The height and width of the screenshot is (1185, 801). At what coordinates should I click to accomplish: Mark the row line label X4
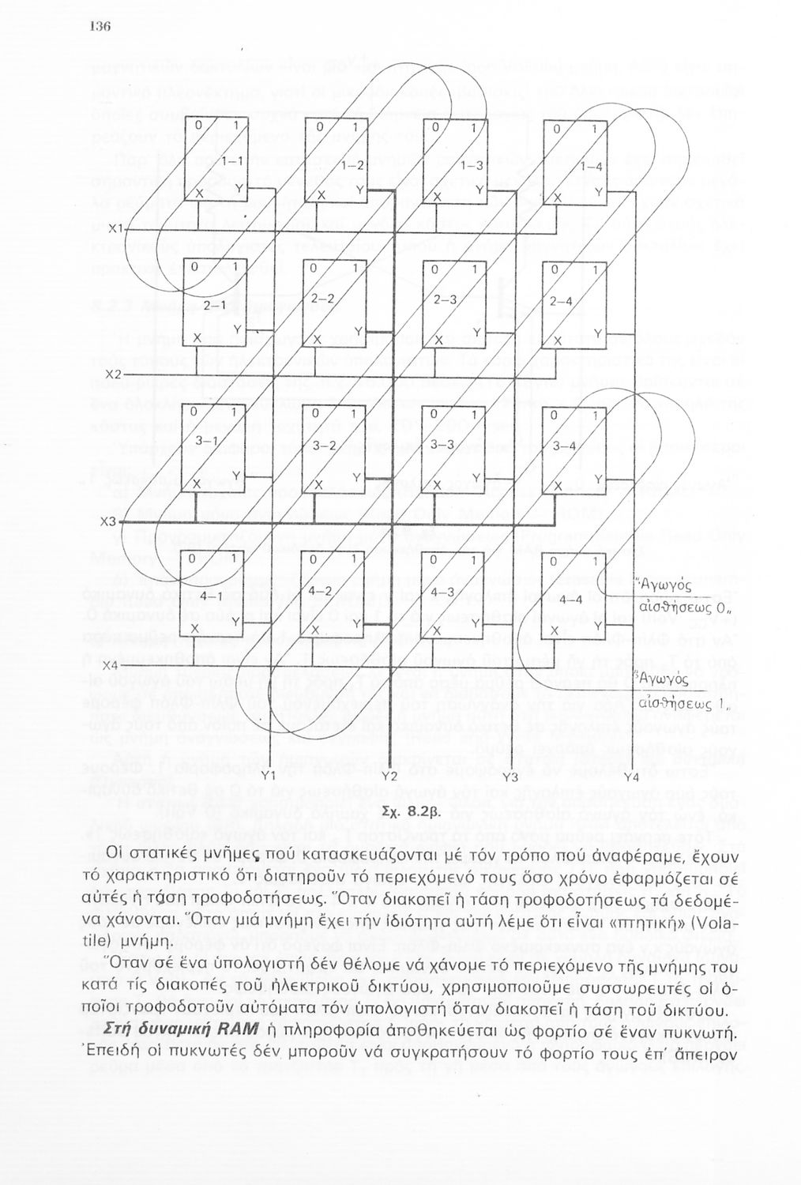pyautogui.click(x=115, y=665)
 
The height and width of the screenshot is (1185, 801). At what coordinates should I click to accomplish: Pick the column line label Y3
pyautogui.click(x=510, y=777)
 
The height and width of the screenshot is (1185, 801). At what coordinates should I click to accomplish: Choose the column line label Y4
pyautogui.click(x=630, y=777)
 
